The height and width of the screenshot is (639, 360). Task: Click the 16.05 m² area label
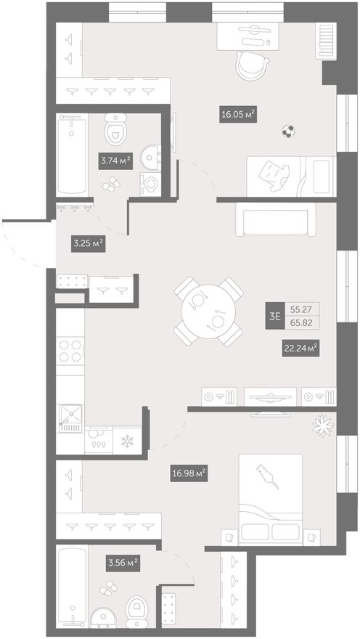click(x=238, y=115)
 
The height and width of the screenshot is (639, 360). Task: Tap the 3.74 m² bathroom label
click(x=115, y=160)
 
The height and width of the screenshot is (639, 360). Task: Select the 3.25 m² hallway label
click(x=88, y=244)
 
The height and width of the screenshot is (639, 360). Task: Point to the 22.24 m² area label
click(x=300, y=349)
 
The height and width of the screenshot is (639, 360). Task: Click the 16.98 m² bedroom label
click(x=189, y=473)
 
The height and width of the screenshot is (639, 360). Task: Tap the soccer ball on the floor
click(x=288, y=131)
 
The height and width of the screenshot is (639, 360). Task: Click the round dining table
click(x=208, y=312)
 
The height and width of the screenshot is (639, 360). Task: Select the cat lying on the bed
click(x=267, y=476)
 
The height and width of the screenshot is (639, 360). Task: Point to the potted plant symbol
click(x=324, y=426)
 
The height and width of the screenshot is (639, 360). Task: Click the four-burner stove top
click(x=70, y=351)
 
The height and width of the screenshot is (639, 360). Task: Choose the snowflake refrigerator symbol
click(x=128, y=441)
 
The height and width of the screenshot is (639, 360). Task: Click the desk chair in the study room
click(x=253, y=65)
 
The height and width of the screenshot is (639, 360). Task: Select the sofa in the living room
click(x=276, y=219)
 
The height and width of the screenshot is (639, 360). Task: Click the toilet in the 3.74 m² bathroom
click(x=115, y=129)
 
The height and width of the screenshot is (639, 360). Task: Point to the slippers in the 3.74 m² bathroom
click(x=111, y=184)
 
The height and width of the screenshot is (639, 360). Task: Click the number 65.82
click(x=302, y=322)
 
